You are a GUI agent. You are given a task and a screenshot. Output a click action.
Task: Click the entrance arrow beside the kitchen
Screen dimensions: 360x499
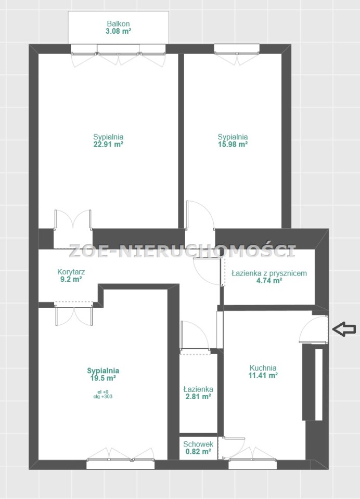(x=344, y=329)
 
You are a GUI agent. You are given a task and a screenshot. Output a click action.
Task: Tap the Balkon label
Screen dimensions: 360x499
(x=118, y=23)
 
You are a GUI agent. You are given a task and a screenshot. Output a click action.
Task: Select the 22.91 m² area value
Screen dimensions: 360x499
(x=108, y=144)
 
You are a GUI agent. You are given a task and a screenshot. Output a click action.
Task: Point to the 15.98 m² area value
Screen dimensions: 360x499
(x=233, y=144)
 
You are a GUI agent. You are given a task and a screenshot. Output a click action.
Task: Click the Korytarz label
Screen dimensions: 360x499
(x=71, y=272)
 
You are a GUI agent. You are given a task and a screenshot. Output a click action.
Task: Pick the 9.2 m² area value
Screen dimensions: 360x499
(x=71, y=280)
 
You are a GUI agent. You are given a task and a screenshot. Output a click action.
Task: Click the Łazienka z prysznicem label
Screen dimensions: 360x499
(x=269, y=273)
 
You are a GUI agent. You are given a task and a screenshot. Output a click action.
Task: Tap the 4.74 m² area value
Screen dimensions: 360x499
(x=269, y=281)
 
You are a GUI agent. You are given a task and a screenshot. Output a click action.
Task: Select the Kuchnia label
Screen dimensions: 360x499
(x=263, y=367)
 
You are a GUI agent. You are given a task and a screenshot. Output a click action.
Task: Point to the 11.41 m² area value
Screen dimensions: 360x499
(x=263, y=375)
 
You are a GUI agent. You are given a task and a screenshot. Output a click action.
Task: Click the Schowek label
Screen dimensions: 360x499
(x=198, y=444)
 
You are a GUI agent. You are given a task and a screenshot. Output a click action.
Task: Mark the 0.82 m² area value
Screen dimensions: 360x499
(x=198, y=452)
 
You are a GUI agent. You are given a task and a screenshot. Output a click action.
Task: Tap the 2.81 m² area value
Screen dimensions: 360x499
(x=198, y=397)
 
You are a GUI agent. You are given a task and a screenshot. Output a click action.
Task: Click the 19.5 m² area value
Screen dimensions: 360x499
(x=103, y=378)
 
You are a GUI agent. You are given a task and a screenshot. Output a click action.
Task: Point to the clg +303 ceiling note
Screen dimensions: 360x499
(x=103, y=397)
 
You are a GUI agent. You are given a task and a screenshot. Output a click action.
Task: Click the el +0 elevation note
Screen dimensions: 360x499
(x=103, y=392)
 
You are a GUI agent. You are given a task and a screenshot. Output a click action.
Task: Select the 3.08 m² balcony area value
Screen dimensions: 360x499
(x=118, y=31)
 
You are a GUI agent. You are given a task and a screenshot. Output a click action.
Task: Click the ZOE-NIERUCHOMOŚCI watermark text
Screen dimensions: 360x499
(x=182, y=251)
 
